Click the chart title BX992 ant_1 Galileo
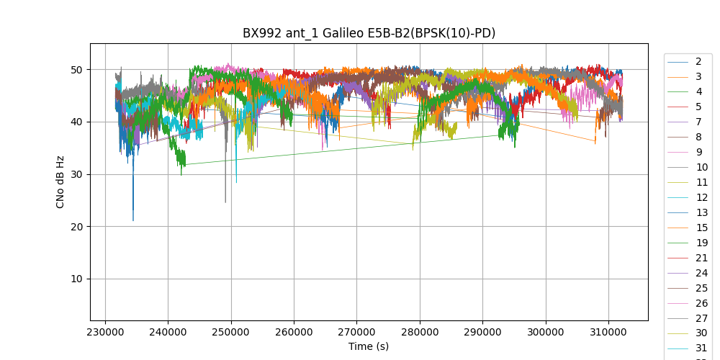(x=369, y=33)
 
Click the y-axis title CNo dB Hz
(x=60, y=181)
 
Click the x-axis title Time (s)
(x=369, y=346)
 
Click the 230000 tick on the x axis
(x=105, y=332)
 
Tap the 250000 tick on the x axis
(x=231, y=332)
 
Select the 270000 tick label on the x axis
(x=357, y=332)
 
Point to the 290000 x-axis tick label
(x=482, y=332)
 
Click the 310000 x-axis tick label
(x=608, y=332)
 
